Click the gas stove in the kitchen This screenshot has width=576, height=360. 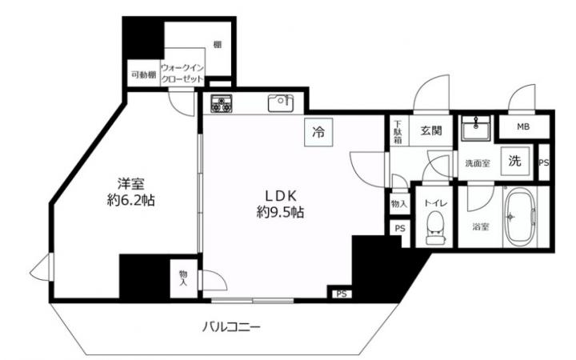(221, 103)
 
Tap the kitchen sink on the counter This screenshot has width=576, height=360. (281, 103)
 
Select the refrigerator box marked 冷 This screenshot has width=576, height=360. (318, 132)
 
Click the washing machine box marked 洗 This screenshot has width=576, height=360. (515, 161)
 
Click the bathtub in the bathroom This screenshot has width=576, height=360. (520, 217)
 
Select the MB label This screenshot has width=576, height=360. (523, 126)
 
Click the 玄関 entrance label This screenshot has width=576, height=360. (431, 130)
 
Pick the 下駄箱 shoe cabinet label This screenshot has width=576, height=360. (398, 132)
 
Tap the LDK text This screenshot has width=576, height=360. (281, 196)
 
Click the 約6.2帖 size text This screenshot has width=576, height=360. (130, 201)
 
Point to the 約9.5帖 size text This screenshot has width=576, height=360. (280, 212)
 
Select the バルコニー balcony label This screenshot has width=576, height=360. (231, 326)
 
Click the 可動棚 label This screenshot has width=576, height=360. (144, 75)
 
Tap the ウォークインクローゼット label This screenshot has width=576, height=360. (182, 74)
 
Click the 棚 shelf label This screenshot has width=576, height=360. (218, 45)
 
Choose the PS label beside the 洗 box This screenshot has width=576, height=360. (544, 162)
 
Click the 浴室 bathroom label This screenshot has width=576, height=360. (481, 226)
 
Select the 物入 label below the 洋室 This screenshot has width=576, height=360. (183, 278)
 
